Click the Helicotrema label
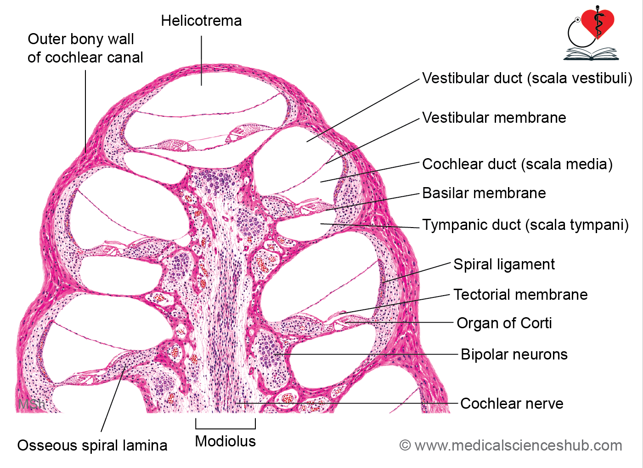[201, 21]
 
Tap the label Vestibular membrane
[494, 118]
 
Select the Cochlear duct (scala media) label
[517, 164]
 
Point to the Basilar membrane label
[484, 193]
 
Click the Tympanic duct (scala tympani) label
[525, 225]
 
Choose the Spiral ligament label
[504, 264]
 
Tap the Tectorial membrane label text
[520, 295]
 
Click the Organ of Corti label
[504, 323]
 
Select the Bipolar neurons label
[514, 354]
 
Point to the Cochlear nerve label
[512, 403]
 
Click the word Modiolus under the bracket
[226, 441]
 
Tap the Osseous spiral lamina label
[92, 445]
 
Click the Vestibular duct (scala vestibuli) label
[527, 78]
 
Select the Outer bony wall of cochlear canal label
[85, 48]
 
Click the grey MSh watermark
[32, 404]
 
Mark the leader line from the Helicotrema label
[201, 61]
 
